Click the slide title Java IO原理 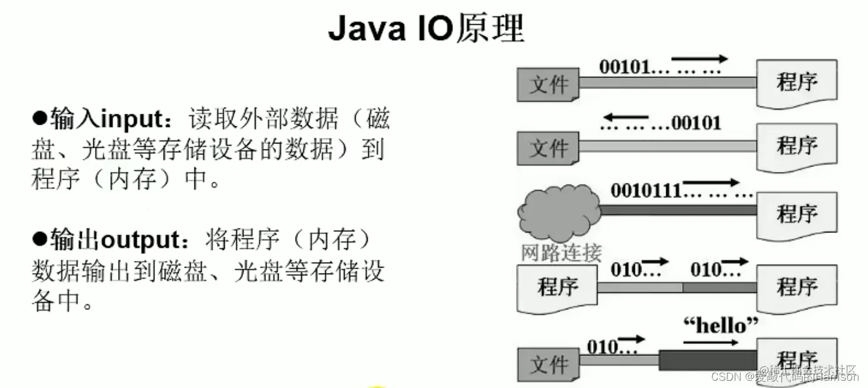pos(426,28)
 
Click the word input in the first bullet pos(130,119)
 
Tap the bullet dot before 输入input pos(39,117)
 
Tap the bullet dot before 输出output pos(39,240)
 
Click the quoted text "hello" pos(720,325)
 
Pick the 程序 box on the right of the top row pos(797,81)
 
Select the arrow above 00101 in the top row pos(699,59)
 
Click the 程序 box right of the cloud pos(797,214)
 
